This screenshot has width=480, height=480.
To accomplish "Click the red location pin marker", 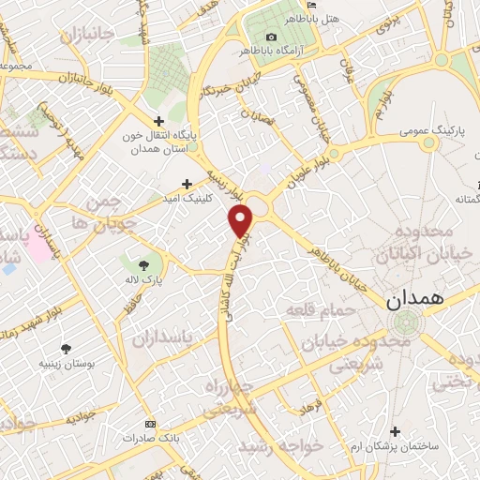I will [x=241, y=221].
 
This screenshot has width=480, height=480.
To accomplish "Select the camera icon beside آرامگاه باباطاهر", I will [x=246, y=37].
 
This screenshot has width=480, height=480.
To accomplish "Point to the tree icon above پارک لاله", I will [x=142, y=265].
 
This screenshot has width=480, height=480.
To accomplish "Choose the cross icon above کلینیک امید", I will [x=187, y=184].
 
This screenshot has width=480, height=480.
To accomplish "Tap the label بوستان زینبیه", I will [x=65, y=363].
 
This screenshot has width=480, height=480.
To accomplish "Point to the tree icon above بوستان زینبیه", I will [x=65, y=348].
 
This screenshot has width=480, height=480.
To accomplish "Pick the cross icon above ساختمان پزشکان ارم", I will [x=396, y=431].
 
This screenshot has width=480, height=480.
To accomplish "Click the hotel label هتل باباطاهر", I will [x=283, y=18].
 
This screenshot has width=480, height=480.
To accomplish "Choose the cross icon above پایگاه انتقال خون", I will [x=158, y=121].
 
